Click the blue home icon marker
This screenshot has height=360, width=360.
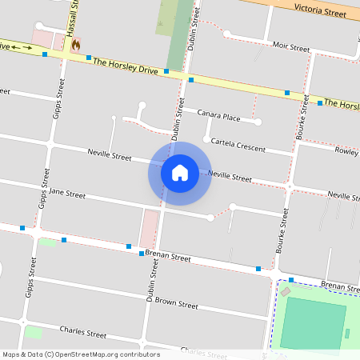coord(179,172)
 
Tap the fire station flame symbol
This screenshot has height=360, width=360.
coord(75,46)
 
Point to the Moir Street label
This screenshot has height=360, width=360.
coord(290,48)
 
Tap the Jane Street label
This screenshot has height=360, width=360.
coord(67,194)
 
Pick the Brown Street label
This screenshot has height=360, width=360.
coord(176,304)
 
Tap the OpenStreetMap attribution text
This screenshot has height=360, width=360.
coord(80,354)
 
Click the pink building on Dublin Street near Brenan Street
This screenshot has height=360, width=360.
coord(149,228)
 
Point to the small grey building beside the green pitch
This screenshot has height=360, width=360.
coord(286,292)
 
